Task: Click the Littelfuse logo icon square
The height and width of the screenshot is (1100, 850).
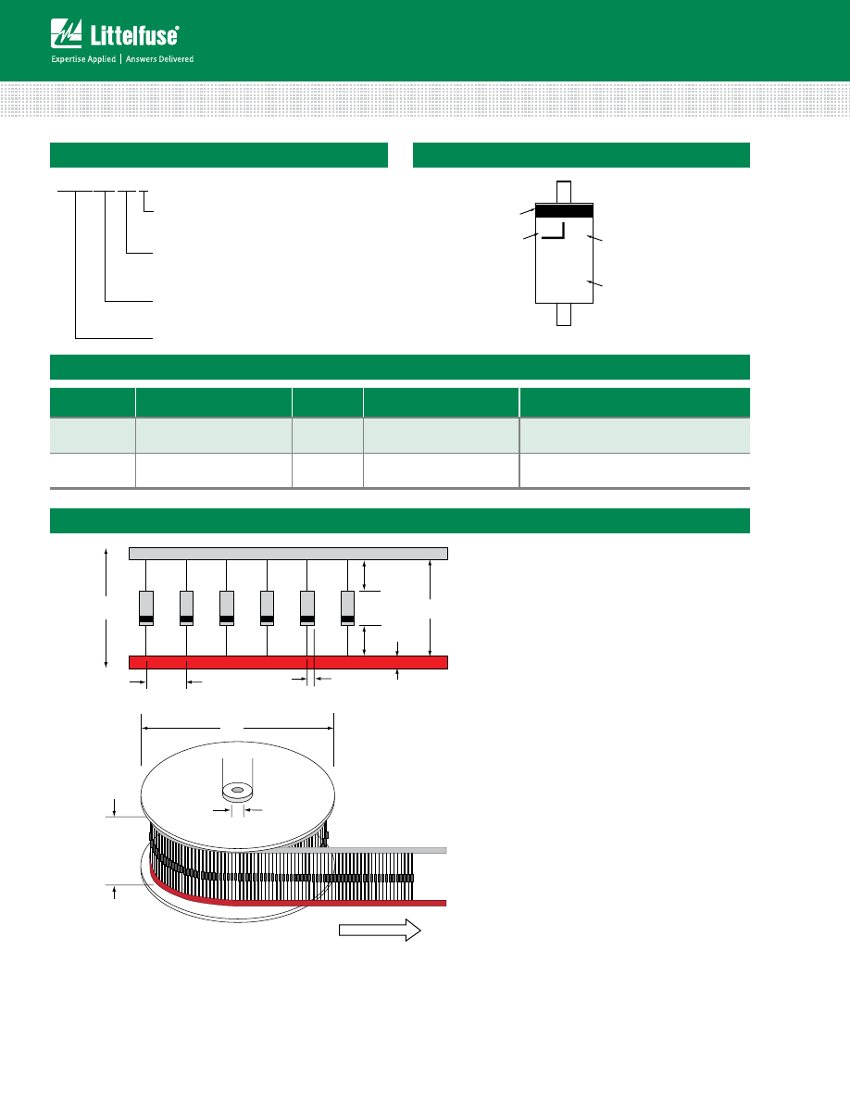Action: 66,33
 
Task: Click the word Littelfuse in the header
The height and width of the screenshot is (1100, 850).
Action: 134,35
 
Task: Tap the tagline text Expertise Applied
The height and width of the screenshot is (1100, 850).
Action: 83,59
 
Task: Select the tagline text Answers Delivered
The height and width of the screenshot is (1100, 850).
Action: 160,59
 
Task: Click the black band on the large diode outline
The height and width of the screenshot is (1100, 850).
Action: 564,211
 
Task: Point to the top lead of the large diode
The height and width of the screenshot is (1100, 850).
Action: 564,193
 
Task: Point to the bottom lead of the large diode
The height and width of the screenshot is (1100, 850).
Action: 564,314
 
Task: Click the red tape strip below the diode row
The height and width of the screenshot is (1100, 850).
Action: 288,662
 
